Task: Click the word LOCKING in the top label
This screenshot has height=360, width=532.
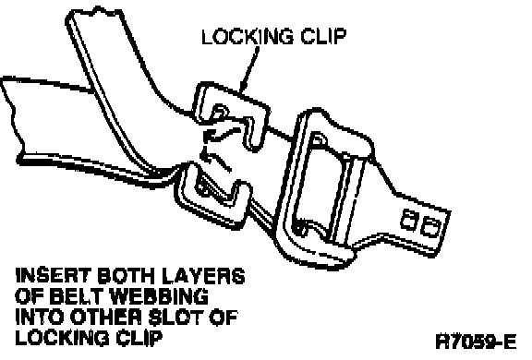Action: pos(248,36)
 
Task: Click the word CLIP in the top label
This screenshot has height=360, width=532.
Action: pos(323,36)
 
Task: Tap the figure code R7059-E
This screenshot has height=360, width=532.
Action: pos(476,342)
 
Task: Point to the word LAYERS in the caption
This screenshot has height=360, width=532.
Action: pos(203,276)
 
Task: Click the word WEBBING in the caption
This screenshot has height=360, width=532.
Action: pos(160,296)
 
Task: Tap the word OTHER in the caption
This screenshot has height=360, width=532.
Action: pos(107,318)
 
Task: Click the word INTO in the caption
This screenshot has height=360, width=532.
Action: pos(40,318)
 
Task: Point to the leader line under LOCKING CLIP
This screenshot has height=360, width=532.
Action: pos(249,69)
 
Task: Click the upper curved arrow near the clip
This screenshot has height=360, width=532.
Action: pos(222,134)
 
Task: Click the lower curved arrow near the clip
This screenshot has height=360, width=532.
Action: pos(216,159)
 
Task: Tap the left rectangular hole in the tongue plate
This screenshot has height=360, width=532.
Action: pos(409,220)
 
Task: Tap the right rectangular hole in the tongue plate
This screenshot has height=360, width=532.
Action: pos(430,227)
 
